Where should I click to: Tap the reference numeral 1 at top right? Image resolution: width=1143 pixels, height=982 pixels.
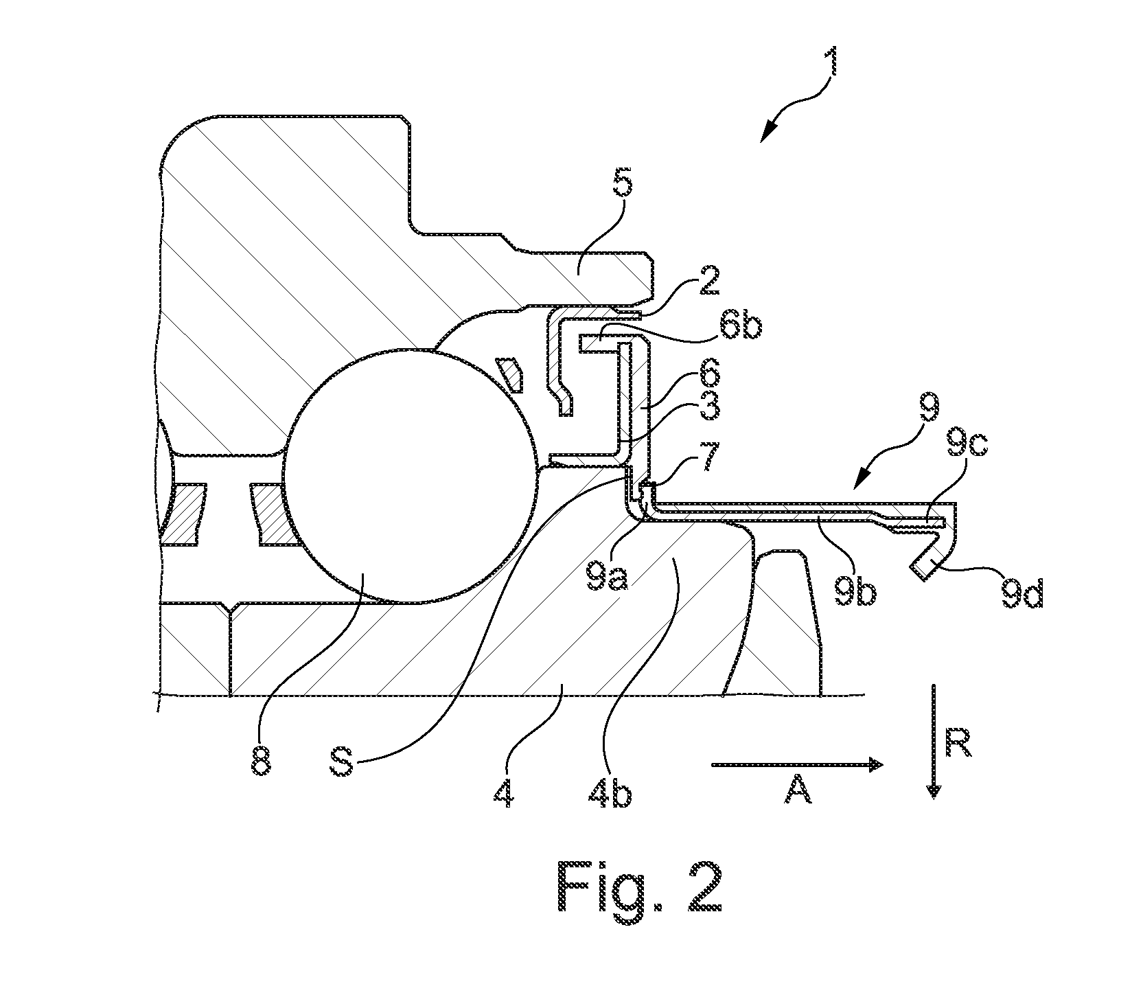(x=831, y=61)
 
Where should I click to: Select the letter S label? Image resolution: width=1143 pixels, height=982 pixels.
(x=343, y=762)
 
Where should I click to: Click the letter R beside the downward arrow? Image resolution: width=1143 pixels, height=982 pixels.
(x=958, y=742)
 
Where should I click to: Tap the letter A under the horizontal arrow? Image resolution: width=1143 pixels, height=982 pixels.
(x=797, y=792)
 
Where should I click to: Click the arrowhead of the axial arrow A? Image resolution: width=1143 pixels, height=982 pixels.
(x=876, y=764)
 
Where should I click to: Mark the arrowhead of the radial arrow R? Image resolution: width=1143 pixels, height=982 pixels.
(x=932, y=790)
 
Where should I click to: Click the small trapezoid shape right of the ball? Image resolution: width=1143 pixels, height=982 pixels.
(x=511, y=376)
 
